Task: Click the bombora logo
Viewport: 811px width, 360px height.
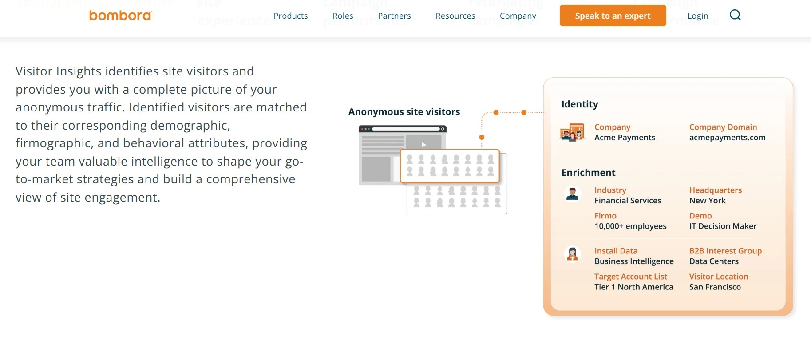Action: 120,16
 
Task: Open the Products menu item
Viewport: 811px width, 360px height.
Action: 291,16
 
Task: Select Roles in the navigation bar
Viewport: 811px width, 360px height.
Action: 343,16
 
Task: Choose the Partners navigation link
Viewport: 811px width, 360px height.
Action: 394,16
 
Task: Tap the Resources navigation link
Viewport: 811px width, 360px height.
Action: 455,16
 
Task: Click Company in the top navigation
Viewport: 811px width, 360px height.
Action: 518,16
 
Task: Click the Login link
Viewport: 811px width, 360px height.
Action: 698,16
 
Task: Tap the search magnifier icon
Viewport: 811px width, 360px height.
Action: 735,15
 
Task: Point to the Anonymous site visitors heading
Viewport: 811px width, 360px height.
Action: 404,112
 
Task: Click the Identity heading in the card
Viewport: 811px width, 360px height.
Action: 580,104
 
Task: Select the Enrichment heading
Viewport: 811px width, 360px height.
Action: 588,173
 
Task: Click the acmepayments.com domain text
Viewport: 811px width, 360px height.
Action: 727,138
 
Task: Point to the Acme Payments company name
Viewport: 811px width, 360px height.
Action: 625,138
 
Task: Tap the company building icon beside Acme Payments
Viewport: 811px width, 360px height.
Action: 572,132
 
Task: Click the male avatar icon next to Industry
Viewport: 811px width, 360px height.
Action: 572,194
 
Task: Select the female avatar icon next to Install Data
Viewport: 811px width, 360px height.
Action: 572,254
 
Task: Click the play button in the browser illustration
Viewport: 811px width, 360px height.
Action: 424,145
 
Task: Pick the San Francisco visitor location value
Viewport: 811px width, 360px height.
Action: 715,287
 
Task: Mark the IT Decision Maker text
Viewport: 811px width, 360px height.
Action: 723,226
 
